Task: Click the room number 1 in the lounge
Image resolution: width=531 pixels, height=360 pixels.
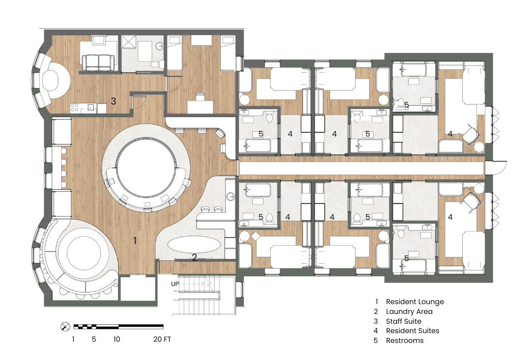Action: [135, 241]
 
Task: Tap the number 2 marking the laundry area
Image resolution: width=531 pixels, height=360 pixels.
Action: [194, 257]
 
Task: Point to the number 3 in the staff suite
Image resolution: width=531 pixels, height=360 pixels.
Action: [113, 102]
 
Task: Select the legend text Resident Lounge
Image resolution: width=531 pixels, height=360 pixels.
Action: [415, 302]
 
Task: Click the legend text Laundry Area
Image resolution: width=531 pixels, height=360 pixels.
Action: [409, 311]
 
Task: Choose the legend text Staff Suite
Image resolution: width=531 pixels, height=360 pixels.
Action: [404, 321]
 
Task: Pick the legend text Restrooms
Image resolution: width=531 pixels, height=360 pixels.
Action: [405, 340]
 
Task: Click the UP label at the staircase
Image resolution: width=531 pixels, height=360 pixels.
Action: [175, 284]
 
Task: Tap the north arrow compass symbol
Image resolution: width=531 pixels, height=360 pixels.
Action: [65, 327]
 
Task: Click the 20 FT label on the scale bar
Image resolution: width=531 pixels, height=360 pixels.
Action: [162, 339]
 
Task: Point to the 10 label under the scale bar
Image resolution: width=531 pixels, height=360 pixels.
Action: [117, 339]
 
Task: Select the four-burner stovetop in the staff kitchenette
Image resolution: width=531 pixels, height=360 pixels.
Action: [75, 107]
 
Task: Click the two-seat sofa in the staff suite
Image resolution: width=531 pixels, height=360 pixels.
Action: [98, 63]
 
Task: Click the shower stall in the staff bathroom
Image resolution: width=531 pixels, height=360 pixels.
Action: [128, 42]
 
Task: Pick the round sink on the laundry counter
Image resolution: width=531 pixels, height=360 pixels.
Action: [231, 197]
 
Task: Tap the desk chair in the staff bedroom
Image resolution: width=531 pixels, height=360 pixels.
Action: [200, 97]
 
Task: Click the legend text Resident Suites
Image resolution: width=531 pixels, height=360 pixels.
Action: [413, 331]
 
